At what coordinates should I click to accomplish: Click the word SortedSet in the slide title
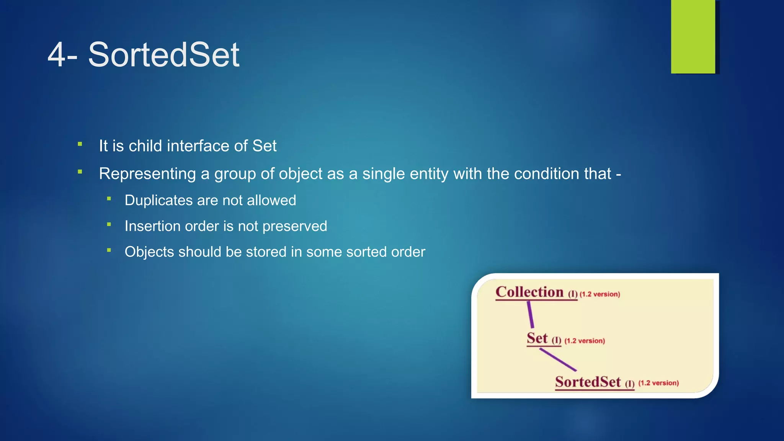click(x=163, y=55)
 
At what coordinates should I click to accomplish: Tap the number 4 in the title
click(x=56, y=55)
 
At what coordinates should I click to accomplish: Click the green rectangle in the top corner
click(x=693, y=36)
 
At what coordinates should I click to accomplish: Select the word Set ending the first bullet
click(x=264, y=146)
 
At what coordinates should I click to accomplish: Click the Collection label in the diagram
click(x=529, y=292)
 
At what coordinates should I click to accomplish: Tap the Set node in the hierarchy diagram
click(x=537, y=338)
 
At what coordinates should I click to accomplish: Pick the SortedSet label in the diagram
click(x=588, y=382)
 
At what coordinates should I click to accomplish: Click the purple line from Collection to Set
click(x=530, y=314)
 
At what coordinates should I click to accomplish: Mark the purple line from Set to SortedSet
click(x=558, y=359)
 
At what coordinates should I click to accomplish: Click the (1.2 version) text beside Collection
click(x=599, y=294)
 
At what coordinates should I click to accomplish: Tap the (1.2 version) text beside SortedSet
click(x=658, y=383)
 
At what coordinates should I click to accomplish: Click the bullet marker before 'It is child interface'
click(x=80, y=144)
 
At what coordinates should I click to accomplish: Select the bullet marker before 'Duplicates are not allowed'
click(x=109, y=199)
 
